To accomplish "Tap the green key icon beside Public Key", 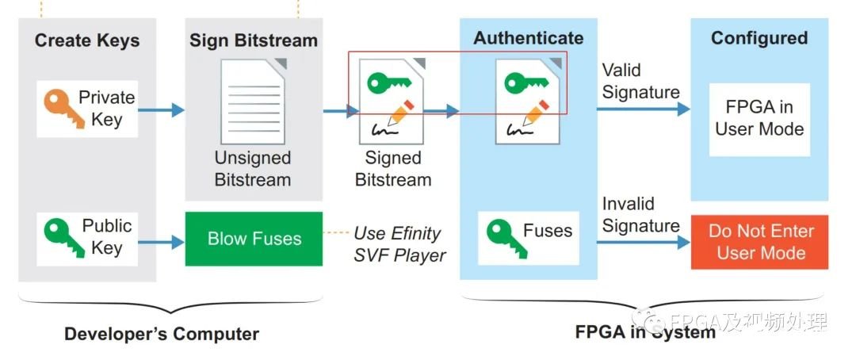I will (x=59, y=236).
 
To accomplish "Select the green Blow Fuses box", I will (x=254, y=239).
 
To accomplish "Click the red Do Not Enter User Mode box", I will (x=760, y=242).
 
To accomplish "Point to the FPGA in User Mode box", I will (x=759, y=118).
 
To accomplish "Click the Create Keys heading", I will (x=87, y=40).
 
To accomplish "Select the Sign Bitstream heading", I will (x=253, y=40).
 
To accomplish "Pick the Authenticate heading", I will (x=528, y=37).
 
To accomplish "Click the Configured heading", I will (x=759, y=38).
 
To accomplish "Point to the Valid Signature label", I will (x=640, y=81).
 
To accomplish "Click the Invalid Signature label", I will (x=640, y=215).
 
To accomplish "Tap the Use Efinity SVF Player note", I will (x=399, y=244).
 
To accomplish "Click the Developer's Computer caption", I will (x=162, y=334).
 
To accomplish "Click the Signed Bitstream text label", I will (x=393, y=169).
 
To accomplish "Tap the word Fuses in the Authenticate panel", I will (x=547, y=231).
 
